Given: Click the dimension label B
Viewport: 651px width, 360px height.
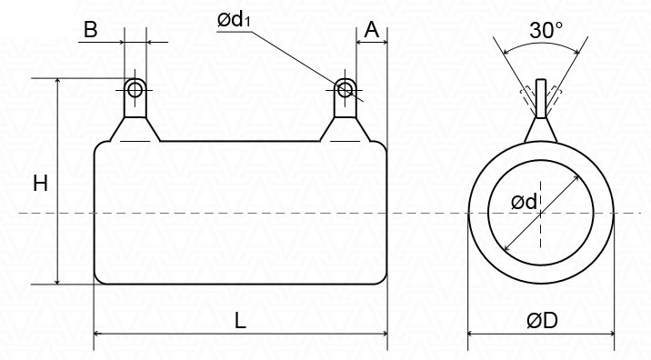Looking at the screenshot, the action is click(90, 29).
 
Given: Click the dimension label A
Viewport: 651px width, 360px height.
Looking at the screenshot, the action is click(372, 29).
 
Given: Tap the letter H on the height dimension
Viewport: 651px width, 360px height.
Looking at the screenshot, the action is click(40, 183).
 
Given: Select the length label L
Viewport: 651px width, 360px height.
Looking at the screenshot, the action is click(240, 321).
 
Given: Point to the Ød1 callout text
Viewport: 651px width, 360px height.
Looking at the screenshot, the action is click(235, 19).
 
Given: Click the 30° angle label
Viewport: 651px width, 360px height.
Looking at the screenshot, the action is click(546, 30).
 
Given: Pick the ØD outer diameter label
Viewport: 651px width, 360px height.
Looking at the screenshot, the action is click(542, 321).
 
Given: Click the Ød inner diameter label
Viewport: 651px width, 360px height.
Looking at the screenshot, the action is click(525, 202).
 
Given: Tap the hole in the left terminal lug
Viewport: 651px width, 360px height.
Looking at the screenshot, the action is click(135, 89).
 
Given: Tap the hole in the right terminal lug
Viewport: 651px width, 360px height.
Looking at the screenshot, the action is click(345, 89).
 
